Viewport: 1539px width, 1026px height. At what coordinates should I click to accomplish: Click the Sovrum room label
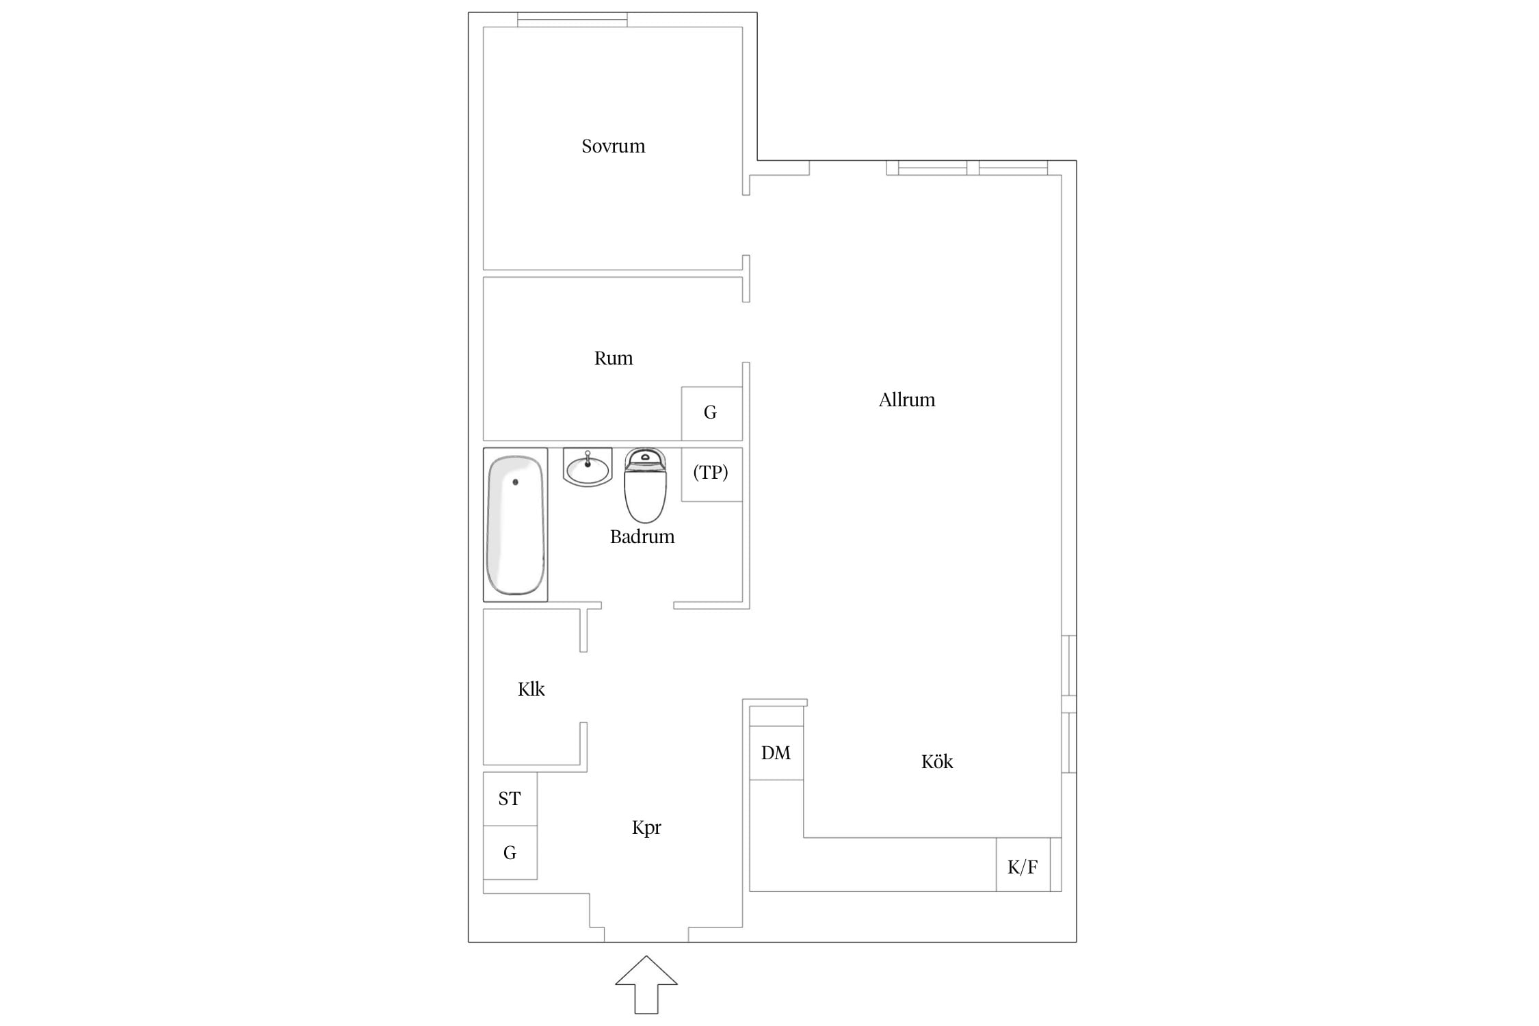[x=613, y=146]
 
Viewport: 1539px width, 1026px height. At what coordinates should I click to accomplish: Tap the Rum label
[x=614, y=358]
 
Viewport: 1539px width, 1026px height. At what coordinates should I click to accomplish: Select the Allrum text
[x=906, y=399]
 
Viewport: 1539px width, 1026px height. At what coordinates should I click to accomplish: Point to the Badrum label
[x=642, y=536]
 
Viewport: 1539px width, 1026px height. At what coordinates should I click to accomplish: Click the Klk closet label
[x=531, y=689]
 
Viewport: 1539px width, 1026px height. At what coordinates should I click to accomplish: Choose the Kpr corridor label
[x=646, y=828]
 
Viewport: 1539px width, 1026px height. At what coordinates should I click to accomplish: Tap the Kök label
[x=936, y=761]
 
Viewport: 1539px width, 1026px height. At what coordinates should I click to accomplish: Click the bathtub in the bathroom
[x=515, y=525]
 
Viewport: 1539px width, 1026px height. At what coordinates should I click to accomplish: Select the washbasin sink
[x=588, y=467]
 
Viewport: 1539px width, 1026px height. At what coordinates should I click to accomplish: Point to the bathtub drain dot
[x=515, y=482]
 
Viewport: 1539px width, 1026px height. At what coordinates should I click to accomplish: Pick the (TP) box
[x=711, y=474]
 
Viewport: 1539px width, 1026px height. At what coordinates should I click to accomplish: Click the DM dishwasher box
[x=776, y=752]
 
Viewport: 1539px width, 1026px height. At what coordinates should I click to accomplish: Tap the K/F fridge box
[x=1023, y=865]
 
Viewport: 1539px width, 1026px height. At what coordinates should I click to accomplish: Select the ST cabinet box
[x=510, y=799]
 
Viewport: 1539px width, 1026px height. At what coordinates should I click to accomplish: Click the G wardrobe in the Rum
[x=711, y=413]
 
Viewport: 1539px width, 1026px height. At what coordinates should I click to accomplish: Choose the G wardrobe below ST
[x=510, y=852]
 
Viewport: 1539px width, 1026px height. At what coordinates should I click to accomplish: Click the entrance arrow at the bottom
[x=646, y=985]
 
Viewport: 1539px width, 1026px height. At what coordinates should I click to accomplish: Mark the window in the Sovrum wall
[x=572, y=20]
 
